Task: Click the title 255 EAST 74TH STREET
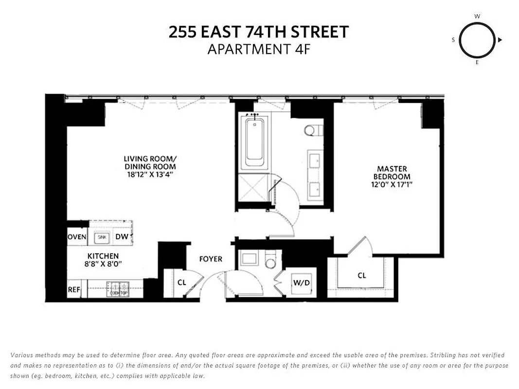pyautogui.click(x=259, y=33)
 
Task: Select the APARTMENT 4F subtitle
pyautogui.click(x=259, y=49)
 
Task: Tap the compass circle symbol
pyautogui.click(x=477, y=40)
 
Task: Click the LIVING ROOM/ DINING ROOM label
pyautogui.click(x=150, y=162)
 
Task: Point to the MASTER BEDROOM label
pyautogui.click(x=392, y=173)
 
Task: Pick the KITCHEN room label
pyautogui.click(x=103, y=256)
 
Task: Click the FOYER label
pyautogui.click(x=211, y=259)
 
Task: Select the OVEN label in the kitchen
pyautogui.click(x=77, y=237)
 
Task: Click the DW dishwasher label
pyautogui.click(x=122, y=237)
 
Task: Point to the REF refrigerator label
pyautogui.click(x=73, y=289)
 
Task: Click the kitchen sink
pyautogui.click(x=102, y=237)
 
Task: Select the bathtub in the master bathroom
pyautogui.click(x=254, y=141)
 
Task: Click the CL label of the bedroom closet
pyautogui.click(x=362, y=275)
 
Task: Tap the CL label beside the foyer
pyautogui.click(x=181, y=282)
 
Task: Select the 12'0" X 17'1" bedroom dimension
pyautogui.click(x=392, y=185)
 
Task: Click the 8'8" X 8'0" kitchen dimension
pyautogui.click(x=103, y=264)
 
